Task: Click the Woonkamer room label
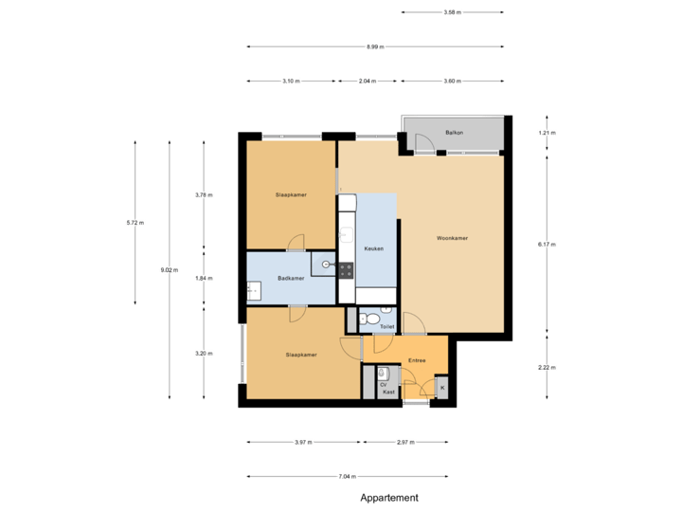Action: tap(453, 238)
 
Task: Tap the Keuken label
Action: tap(373, 248)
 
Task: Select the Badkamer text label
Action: tap(291, 278)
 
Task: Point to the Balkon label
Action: tap(454, 133)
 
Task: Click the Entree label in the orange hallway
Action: tap(417, 360)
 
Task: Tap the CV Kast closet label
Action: tap(387, 388)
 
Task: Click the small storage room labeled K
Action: tap(441, 388)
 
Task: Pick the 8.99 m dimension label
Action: tap(375, 46)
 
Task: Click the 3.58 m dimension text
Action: tap(452, 12)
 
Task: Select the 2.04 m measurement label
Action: tap(367, 82)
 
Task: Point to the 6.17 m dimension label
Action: tap(547, 244)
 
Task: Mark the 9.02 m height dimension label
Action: tap(170, 270)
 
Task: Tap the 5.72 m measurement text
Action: tap(135, 223)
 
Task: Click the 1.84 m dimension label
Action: tap(204, 278)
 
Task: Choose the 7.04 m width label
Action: tap(348, 477)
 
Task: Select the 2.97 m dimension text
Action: tap(405, 442)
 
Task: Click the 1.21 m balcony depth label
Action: tap(547, 133)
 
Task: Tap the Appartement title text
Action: tap(388, 497)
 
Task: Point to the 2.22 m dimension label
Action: tap(547, 367)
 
